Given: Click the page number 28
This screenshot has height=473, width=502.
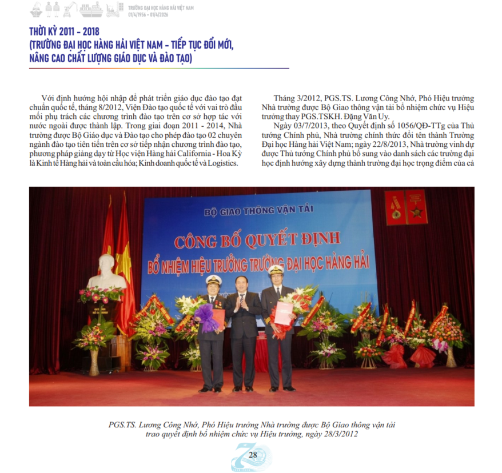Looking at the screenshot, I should (x=253, y=455).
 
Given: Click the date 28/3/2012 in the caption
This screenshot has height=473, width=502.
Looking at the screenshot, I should (x=341, y=434).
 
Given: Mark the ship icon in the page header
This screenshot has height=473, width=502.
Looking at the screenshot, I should (x=92, y=9).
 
